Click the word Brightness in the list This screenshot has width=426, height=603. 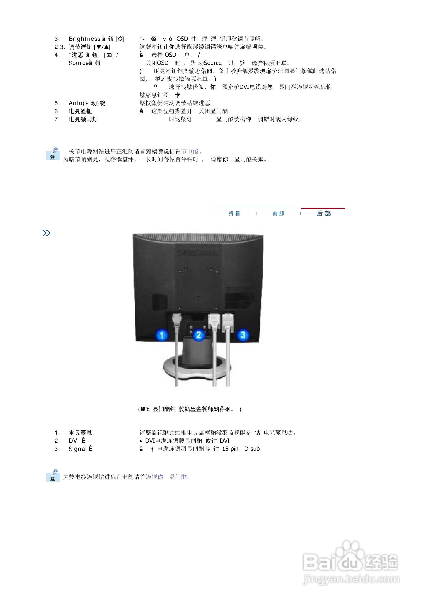(84, 39)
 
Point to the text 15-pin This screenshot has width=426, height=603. (230, 449)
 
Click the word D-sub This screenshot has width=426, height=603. (252, 449)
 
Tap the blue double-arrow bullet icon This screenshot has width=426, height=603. (46, 233)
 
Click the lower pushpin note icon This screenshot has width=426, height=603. (53, 475)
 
